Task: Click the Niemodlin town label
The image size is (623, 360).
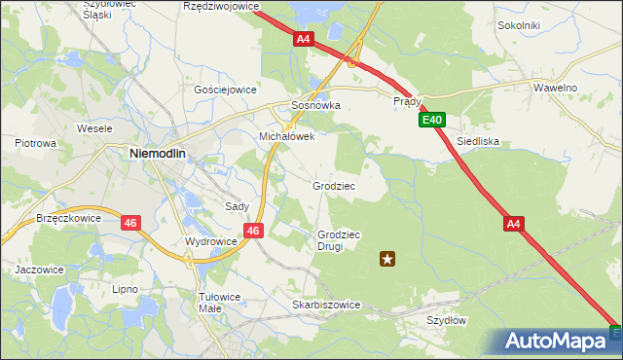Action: pyautogui.click(x=164, y=153)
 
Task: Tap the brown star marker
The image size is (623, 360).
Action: pyautogui.click(x=387, y=258)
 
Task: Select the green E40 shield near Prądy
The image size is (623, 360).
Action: pyautogui.click(x=433, y=121)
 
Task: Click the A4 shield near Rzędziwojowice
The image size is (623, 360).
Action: pyautogui.click(x=304, y=39)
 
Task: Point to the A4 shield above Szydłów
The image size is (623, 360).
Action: pyautogui.click(x=515, y=224)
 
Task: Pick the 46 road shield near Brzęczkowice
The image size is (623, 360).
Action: pyautogui.click(x=130, y=223)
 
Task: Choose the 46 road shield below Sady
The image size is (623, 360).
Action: pyautogui.click(x=252, y=231)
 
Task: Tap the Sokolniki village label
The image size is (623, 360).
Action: pyautogui.click(x=518, y=25)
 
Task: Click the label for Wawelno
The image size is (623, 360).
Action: pyautogui.click(x=555, y=88)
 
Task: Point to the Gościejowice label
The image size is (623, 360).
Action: pyautogui.click(x=225, y=89)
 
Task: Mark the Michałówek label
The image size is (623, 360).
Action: pyautogui.click(x=286, y=137)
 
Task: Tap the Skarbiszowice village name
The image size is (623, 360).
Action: pyautogui.click(x=326, y=305)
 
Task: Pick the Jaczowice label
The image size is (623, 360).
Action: pyautogui.click(x=39, y=270)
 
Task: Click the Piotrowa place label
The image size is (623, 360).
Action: pyautogui.click(x=35, y=143)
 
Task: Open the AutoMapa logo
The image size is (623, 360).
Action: pyautogui.click(x=556, y=342)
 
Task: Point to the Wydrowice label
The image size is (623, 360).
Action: pyautogui.click(x=211, y=241)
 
